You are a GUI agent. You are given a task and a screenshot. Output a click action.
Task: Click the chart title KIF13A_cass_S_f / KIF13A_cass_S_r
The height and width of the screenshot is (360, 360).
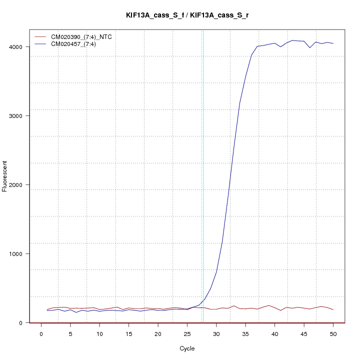[187, 15]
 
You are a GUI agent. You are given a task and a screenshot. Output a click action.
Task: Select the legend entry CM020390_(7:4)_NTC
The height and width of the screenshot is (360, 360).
[84, 37]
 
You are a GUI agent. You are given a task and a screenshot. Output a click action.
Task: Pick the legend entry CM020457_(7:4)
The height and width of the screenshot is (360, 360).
[77, 44]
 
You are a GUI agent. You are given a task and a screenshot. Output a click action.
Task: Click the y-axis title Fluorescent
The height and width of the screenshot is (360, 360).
[5, 176]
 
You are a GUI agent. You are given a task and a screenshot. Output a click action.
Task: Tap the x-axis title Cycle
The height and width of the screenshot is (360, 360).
[187, 348]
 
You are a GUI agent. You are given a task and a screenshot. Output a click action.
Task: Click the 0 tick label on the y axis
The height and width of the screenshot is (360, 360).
[21, 323]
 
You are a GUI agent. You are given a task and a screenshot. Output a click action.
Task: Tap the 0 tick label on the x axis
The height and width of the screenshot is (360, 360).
[41, 333]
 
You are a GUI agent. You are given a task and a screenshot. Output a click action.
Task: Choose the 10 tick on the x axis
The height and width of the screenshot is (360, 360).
[99, 333]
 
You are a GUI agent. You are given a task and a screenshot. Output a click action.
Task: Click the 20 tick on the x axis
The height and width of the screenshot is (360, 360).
[158, 333]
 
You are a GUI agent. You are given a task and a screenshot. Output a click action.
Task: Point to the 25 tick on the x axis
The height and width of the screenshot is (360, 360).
[187, 333]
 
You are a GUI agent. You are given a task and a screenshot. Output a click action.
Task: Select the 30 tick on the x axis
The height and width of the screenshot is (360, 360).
[216, 333]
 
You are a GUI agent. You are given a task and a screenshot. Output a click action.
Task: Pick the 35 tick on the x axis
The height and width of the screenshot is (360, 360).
[245, 333]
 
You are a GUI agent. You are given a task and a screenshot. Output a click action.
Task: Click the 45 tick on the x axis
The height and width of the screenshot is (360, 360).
[304, 333]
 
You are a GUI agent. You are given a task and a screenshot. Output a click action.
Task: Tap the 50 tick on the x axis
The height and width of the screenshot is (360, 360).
[333, 333]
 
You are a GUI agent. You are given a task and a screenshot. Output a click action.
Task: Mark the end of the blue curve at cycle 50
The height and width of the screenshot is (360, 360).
[333, 43]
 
